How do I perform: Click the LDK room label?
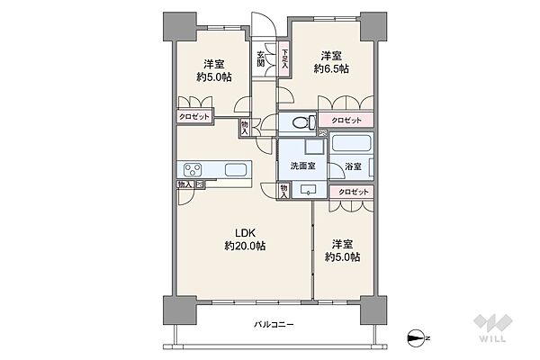click(245, 233)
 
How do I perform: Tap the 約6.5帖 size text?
click(331, 69)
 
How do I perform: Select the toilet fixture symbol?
click(303, 122)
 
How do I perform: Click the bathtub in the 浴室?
click(351, 143)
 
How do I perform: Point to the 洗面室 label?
click(302, 166)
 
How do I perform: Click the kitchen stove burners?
click(193, 169)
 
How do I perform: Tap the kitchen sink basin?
click(236, 170)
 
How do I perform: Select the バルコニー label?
click(274, 325)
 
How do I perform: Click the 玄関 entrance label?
click(261, 58)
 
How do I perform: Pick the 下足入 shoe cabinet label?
click(284, 58)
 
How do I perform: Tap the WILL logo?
click(493, 328)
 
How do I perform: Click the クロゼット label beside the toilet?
click(346, 121)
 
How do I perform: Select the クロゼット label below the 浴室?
click(354, 192)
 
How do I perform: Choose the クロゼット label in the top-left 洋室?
click(194, 116)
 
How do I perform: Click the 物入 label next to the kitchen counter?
click(184, 184)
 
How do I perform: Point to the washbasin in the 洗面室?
click(309, 190)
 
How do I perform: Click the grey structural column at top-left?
click(179, 27)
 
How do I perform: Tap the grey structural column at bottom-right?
click(373, 310)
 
